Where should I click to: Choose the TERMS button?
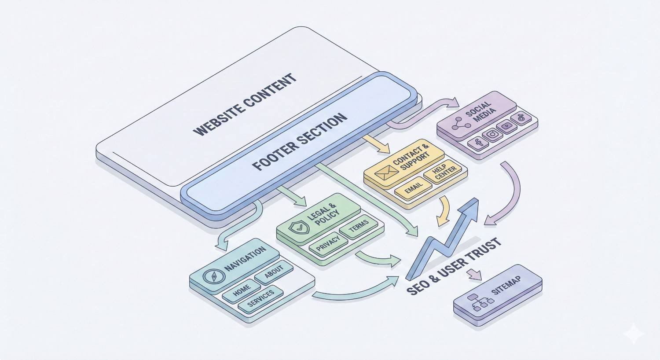coord(359,228)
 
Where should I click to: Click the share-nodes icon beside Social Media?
coord(461,123)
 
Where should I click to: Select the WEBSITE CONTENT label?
coord(245,105)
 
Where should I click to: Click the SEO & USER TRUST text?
coord(454,266)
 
